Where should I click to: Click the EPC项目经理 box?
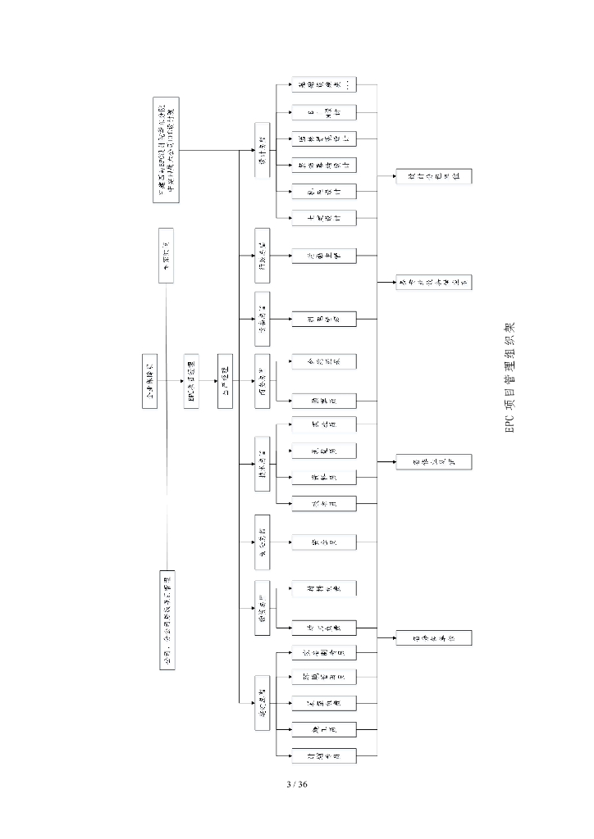[x=190, y=381]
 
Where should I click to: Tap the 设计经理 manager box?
[x=262, y=150]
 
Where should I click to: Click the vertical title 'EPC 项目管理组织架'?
[x=509, y=377]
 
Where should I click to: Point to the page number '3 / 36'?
[x=296, y=784]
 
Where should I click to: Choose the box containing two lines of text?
[x=167, y=150]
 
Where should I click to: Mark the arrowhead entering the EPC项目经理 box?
[x=179, y=381]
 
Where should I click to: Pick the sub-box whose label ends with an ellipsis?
[x=324, y=85]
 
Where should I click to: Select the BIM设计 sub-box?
[x=324, y=111]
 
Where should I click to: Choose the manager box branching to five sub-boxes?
[x=262, y=702]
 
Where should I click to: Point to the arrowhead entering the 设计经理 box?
[x=252, y=150]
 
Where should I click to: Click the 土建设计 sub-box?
[x=324, y=217]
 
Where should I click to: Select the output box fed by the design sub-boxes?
[x=434, y=177]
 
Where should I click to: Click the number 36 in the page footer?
[x=302, y=784]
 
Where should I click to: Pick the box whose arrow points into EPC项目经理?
[x=149, y=370]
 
